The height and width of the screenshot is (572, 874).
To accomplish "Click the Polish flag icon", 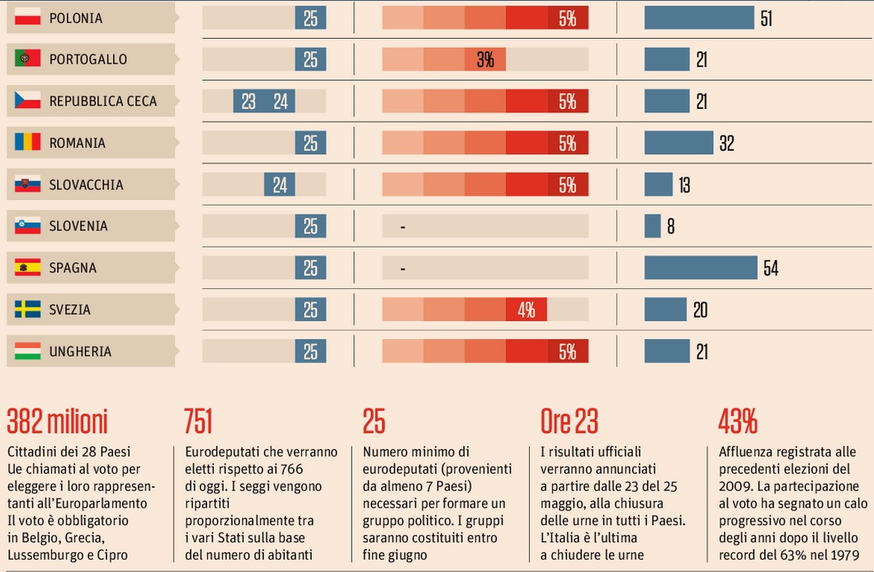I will (27, 17).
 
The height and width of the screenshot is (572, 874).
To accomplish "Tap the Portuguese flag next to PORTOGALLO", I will (27, 59).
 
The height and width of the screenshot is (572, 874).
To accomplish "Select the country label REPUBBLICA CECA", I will (102, 102).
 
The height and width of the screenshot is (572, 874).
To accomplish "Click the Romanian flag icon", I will (27, 143).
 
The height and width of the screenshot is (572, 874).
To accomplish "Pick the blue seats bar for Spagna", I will (701, 267).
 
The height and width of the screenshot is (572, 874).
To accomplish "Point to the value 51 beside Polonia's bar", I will (767, 18).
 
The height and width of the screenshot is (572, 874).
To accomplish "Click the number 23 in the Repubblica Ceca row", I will (248, 102).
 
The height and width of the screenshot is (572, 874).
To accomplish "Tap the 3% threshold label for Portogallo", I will (484, 59).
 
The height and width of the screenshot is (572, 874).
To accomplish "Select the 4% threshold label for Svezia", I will (527, 310).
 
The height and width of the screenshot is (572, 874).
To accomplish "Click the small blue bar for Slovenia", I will (652, 226).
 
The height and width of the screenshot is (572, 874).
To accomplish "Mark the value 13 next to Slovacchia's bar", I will (684, 185).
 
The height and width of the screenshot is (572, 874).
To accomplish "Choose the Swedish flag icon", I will (27, 310).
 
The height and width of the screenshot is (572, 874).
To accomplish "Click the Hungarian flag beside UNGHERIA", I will (27, 352).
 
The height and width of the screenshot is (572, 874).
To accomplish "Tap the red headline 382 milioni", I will (57, 422).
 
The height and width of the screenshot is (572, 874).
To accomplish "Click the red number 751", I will (198, 422).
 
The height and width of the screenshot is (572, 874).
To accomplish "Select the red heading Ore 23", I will (569, 422).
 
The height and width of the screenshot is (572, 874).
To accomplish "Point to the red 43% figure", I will (738, 422).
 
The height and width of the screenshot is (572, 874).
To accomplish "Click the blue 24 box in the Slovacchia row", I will (280, 185).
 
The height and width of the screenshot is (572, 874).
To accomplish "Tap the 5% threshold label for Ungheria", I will (567, 352).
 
